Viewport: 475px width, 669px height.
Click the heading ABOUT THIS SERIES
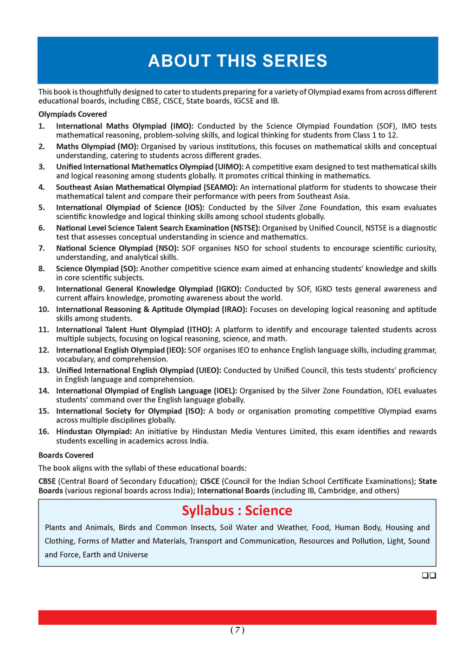coord(237,61)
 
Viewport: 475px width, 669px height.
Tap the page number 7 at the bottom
coord(237,630)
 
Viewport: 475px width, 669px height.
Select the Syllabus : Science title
coord(237,511)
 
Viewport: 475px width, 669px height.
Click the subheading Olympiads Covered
coord(72,114)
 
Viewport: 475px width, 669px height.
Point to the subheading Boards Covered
coord(66,455)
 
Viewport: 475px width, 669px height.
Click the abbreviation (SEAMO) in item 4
coord(220,187)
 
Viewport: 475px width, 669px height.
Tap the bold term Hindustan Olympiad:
coord(94,432)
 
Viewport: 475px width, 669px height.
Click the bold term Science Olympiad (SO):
coord(97,269)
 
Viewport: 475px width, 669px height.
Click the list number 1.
coord(42,126)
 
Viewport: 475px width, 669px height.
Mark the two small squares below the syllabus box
coord(429,576)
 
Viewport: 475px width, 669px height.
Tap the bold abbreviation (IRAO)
coord(231,309)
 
